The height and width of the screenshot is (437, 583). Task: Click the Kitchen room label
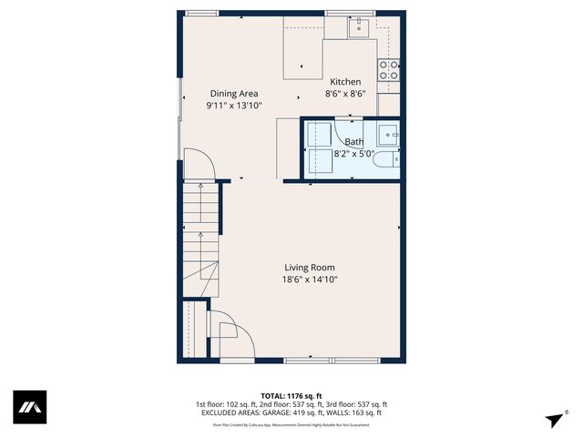pos(345,82)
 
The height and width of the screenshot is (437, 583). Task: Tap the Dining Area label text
pos(234,94)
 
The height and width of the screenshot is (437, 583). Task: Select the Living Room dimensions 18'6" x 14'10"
pos(310,279)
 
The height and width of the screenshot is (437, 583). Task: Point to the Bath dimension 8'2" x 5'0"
pos(353,154)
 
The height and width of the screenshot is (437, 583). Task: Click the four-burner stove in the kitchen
pos(389,70)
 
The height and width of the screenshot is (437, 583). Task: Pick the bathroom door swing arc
pos(349,127)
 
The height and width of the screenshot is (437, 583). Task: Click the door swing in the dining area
pos(199,163)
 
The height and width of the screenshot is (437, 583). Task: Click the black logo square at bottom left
pos(29,407)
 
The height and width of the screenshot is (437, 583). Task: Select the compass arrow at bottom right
pos(553,417)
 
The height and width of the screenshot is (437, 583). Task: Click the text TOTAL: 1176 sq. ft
pos(291,395)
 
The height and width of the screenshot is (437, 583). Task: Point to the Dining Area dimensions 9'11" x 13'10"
pos(234,106)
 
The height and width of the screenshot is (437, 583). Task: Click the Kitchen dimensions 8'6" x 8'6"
pos(345,94)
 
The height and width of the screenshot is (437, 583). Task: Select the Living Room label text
pos(310,268)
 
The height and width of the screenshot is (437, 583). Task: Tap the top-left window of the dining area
pos(201,13)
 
